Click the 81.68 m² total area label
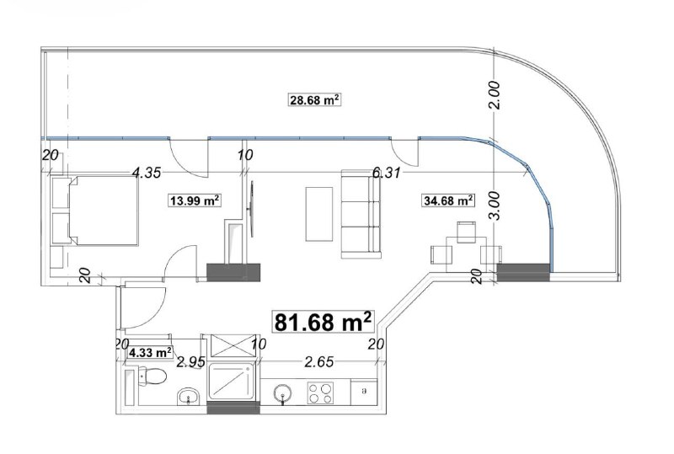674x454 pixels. coord(323,322)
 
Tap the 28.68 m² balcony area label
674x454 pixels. coord(314,100)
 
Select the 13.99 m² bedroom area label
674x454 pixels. coord(195,200)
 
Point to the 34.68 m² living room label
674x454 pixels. coord(448,200)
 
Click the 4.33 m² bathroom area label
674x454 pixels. coord(151,353)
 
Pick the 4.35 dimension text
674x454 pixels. coord(147,173)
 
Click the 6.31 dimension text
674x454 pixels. coord(387,173)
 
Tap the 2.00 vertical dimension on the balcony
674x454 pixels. coord(495,95)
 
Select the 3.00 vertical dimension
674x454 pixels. coord(495,206)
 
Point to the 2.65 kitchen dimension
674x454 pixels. coord(319,362)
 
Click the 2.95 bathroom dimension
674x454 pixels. coord(191,362)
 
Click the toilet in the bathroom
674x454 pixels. coord(152,377)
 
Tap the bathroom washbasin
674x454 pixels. coord(188,396)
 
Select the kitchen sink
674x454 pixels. coord(282,393)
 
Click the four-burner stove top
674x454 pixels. coord(321,393)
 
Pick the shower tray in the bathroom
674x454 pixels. coord(232,382)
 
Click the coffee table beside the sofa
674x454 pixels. coord(319,214)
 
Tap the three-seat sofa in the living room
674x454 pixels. coord(361,214)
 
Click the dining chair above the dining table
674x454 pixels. coord(466,232)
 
